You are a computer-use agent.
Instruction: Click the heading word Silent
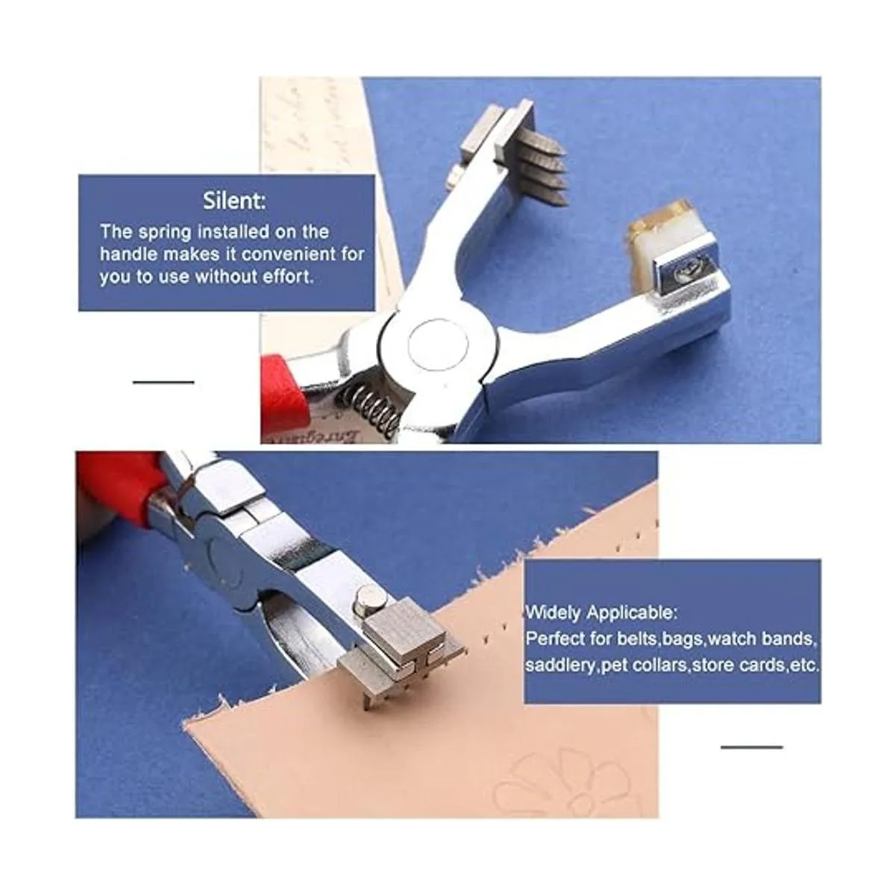coord(234,201)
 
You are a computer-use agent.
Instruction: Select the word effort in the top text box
coord(288,277)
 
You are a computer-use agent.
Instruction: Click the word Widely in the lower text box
coord(553,613)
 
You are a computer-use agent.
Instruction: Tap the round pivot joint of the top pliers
coord(438,345)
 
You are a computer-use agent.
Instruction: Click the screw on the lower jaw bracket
coord(688,272)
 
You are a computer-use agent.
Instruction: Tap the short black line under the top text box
coord(163,383)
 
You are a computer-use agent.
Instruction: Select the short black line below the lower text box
coord(752,747)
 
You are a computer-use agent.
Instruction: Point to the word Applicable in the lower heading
coord(632,613)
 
